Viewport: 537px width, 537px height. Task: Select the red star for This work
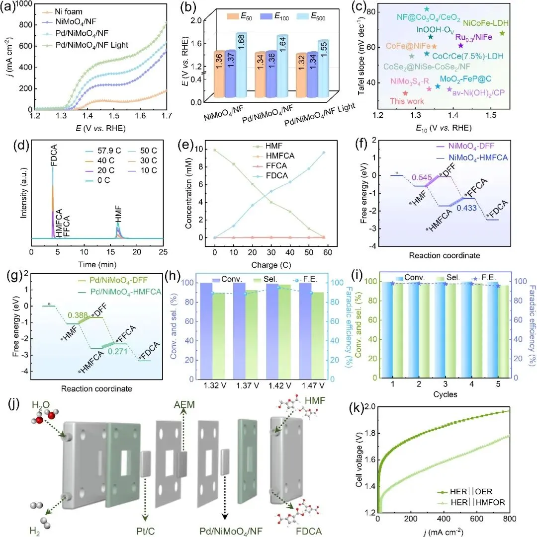[405, 93]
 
